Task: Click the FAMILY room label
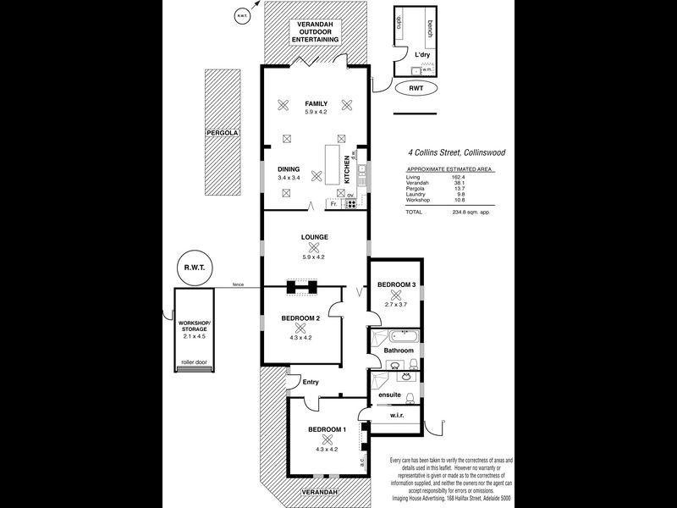[x=316, y=103]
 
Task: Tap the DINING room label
[x=289, y=168]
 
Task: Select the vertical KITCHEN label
[x=347, y=168]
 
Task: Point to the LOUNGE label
[x=315, y=237]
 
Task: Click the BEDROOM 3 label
[x=396, y=284]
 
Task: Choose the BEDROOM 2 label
[x=300, y=318]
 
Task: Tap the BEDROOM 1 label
[x=327, y=430]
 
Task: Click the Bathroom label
[x=399, y=350]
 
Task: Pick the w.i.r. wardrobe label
[x=398, y=416]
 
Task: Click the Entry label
[x=311, y=382]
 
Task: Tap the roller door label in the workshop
[x=194, y=362]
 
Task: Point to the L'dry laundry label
[x=422, y=53]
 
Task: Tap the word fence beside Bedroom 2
[x=239, y=285]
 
